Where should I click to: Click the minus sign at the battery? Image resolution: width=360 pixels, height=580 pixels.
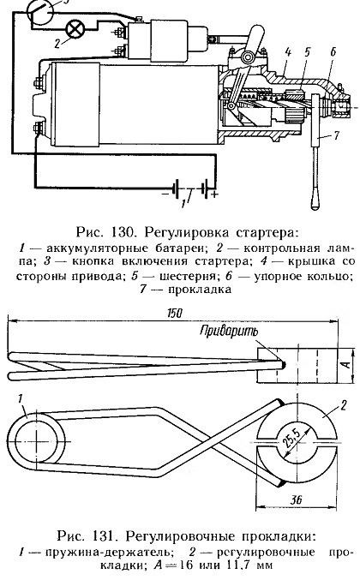pyautogui.click(x=165, y=193)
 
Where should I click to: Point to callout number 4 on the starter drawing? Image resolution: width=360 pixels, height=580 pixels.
pyautogui.click(x=287, y=52)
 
